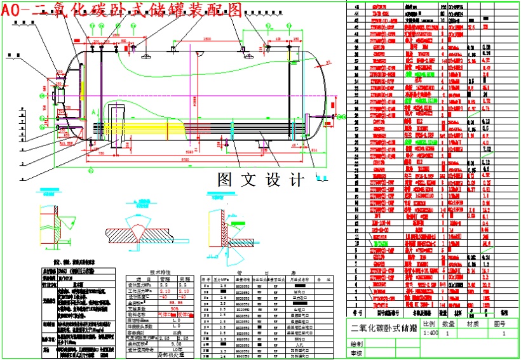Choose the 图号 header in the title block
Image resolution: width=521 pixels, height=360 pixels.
[x=501, y=323]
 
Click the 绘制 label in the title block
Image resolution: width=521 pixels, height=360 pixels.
[x=356, y=343]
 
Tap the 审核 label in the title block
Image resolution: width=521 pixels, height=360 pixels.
[x=356, y=353]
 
